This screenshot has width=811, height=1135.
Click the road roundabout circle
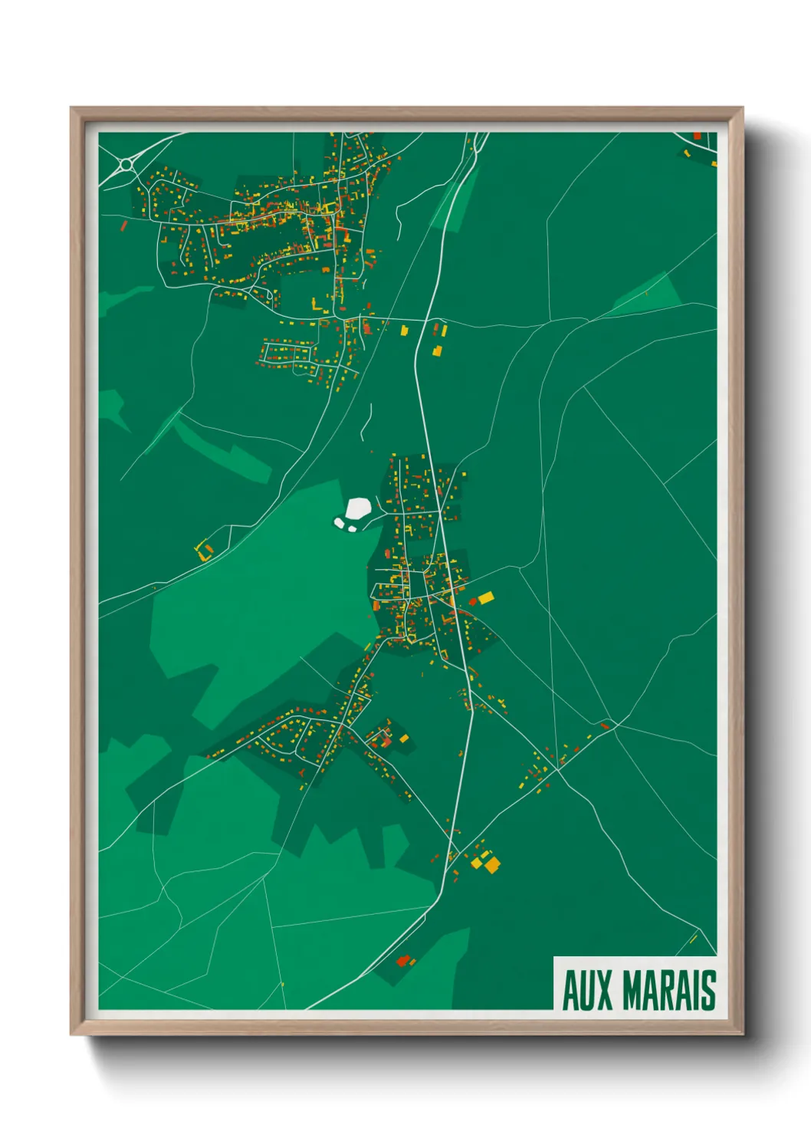click(x=126, y=164)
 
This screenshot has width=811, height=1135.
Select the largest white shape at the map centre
click(x=359, y=508)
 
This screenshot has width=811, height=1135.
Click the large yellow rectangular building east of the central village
click(x=486, y=597)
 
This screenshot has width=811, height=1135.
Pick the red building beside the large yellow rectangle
click(x=473, y=601)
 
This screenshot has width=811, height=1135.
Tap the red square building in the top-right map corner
click(x=697, y=136)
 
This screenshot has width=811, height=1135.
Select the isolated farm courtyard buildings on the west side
click(x=203, y=550)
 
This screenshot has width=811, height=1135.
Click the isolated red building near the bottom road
click(x=403, y=960)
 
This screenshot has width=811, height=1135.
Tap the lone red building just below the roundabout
click(x=124, y=225)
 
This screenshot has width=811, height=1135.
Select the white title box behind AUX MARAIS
click(x=635, y=984)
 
